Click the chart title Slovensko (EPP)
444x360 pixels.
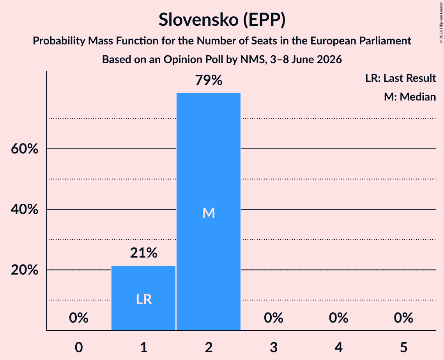click(222, 20)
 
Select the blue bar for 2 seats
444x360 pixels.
click(209, 212)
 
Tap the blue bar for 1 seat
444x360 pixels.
click(143, 298)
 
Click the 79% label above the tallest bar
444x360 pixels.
click(209, 80)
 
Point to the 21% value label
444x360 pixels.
click(143, 253)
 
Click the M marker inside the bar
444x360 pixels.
click(209, 213)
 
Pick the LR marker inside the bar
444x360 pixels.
click(144, 300)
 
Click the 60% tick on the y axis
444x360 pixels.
click(25, 148)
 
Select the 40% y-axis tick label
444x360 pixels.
click(25, 210)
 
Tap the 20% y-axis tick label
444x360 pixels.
click(25, 270)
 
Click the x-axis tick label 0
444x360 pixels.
click(79, 347)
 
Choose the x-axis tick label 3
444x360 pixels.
click(274, 347)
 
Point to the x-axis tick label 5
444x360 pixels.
click(403, 347)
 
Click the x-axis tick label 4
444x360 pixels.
click(339, 347)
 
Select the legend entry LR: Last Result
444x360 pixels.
click(401, 78)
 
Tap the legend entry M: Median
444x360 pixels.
click(410, 97)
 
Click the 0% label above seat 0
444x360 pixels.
click(79, 318)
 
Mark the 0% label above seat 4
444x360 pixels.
click(339, 318)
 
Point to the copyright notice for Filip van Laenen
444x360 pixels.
click(441, 23)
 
